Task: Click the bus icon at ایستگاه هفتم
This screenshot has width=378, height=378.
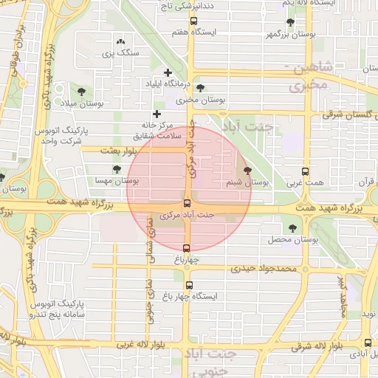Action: point(193,21)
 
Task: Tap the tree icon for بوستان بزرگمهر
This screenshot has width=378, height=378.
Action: point(290,22)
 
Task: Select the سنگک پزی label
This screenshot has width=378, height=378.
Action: point(119,52)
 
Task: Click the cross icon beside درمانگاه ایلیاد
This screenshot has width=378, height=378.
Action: point(168,72)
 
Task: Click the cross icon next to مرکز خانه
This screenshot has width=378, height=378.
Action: point(157,114)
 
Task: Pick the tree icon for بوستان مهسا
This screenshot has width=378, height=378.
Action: point(117,169)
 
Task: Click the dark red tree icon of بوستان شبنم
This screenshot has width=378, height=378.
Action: point(257,169)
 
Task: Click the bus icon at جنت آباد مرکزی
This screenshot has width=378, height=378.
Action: point(186,203)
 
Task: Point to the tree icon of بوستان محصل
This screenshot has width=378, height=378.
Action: point(293,228)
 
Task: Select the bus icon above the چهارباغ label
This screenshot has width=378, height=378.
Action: point(186,248)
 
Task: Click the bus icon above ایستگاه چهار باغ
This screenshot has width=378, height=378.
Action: point(190,285)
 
